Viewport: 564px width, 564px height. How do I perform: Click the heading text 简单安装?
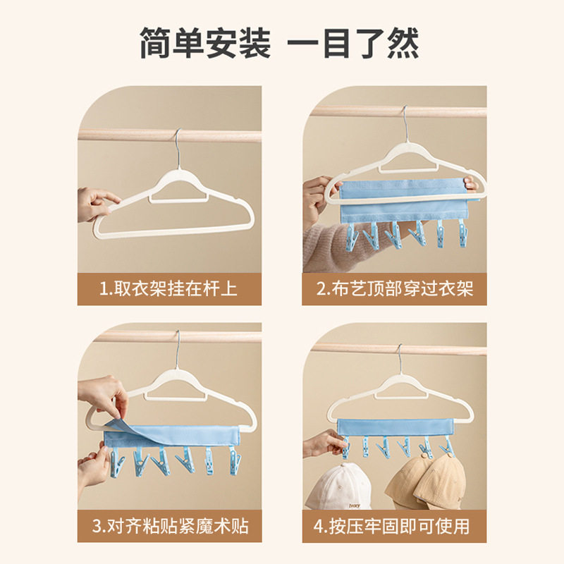pos(204,44)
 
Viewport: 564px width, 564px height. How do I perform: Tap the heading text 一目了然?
pos(354,44)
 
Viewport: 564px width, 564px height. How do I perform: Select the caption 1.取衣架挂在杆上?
pos(169,289)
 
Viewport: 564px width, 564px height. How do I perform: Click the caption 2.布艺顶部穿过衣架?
pos(394,289)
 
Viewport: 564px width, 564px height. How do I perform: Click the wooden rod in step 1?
pos(127,135)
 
